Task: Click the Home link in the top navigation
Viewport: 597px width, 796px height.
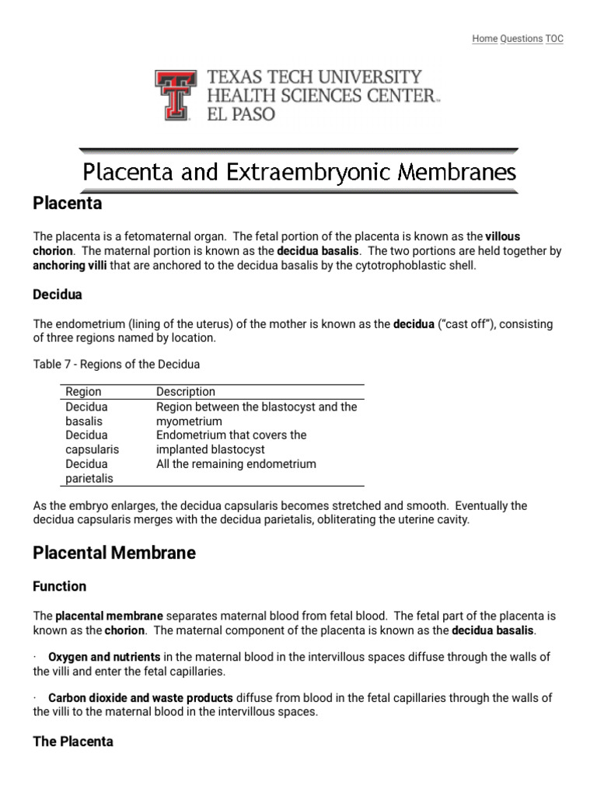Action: (484, 39)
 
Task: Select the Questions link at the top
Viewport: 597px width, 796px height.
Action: (521, 39)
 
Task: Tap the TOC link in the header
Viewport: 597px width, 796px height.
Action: (554, 39)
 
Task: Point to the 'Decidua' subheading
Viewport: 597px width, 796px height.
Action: (58, 295)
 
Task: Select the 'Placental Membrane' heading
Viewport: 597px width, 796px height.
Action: (114, 553)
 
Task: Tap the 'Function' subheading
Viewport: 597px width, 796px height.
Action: (60, 586)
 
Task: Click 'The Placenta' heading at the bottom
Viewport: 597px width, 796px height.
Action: (73, 742)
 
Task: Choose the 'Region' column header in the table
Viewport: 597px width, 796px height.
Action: (83, 392)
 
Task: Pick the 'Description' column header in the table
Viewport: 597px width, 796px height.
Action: (186, 392)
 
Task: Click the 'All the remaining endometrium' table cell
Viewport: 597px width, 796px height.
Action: (236, 464)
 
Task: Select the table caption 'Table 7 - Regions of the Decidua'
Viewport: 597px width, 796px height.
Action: (117, 364)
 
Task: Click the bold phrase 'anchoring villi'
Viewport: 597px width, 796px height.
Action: (70, 265)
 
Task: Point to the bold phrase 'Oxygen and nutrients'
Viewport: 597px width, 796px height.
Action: (104, 657)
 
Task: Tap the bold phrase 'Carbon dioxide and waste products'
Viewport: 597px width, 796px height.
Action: (140, 698)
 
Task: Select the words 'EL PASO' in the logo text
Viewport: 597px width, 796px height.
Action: (240, 113)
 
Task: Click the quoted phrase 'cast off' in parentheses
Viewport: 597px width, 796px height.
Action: (466, 324)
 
